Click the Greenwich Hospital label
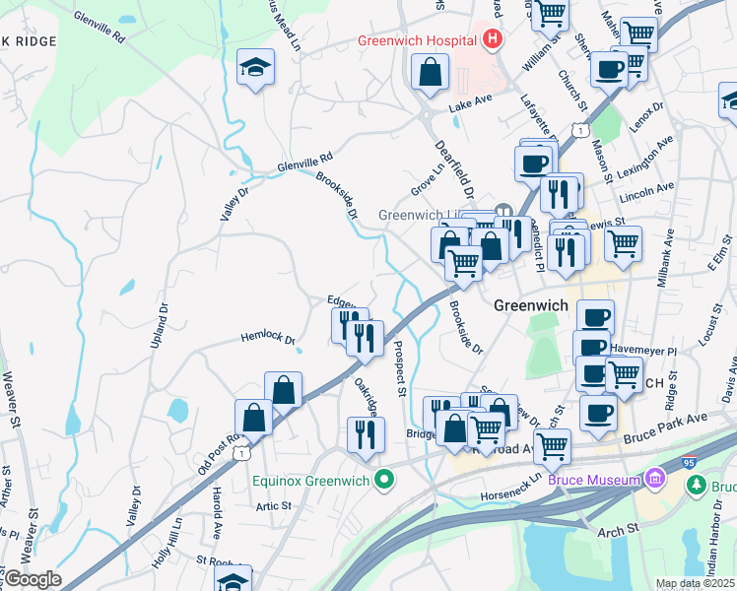click(x=418, y=41)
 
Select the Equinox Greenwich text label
click(x=309, y=481)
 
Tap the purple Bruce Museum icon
click(x=655, y=480)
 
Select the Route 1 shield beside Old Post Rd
click(x=240, y=452)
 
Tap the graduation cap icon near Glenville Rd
click(x=256, y=67)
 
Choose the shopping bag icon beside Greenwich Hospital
click(x=431, y=72)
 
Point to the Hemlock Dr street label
click(x=268, y=339)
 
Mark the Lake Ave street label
click(x=470, y=101)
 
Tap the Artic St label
click(x=274, y=505)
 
